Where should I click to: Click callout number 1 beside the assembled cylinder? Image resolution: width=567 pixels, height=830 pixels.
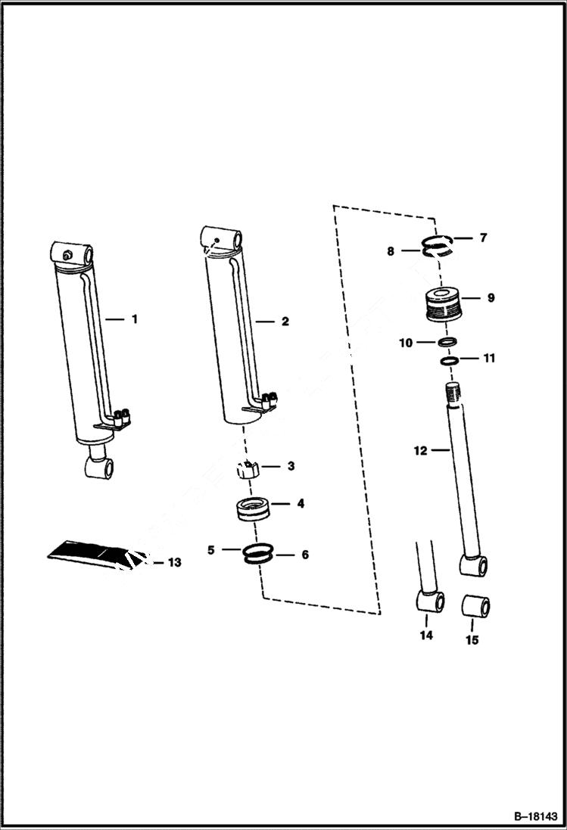[135, 319]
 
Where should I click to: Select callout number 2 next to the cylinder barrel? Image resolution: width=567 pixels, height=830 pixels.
[285, 322]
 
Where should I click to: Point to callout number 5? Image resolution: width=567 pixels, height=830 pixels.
[211, 549]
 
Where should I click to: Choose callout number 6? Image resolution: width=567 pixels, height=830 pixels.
[304, 555]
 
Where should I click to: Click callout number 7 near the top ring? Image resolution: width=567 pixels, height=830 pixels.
[482, 238]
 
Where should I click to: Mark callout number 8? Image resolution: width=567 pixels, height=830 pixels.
[391, 251]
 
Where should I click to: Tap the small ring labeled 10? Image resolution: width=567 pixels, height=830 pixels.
[447, 343]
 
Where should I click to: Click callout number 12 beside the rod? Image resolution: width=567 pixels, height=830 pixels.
[421, 451]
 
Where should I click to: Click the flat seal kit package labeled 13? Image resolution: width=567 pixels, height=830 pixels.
[91, 552]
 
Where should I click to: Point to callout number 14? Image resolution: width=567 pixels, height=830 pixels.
[426, 636]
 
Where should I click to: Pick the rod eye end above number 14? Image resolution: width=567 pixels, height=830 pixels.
[430, 604]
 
